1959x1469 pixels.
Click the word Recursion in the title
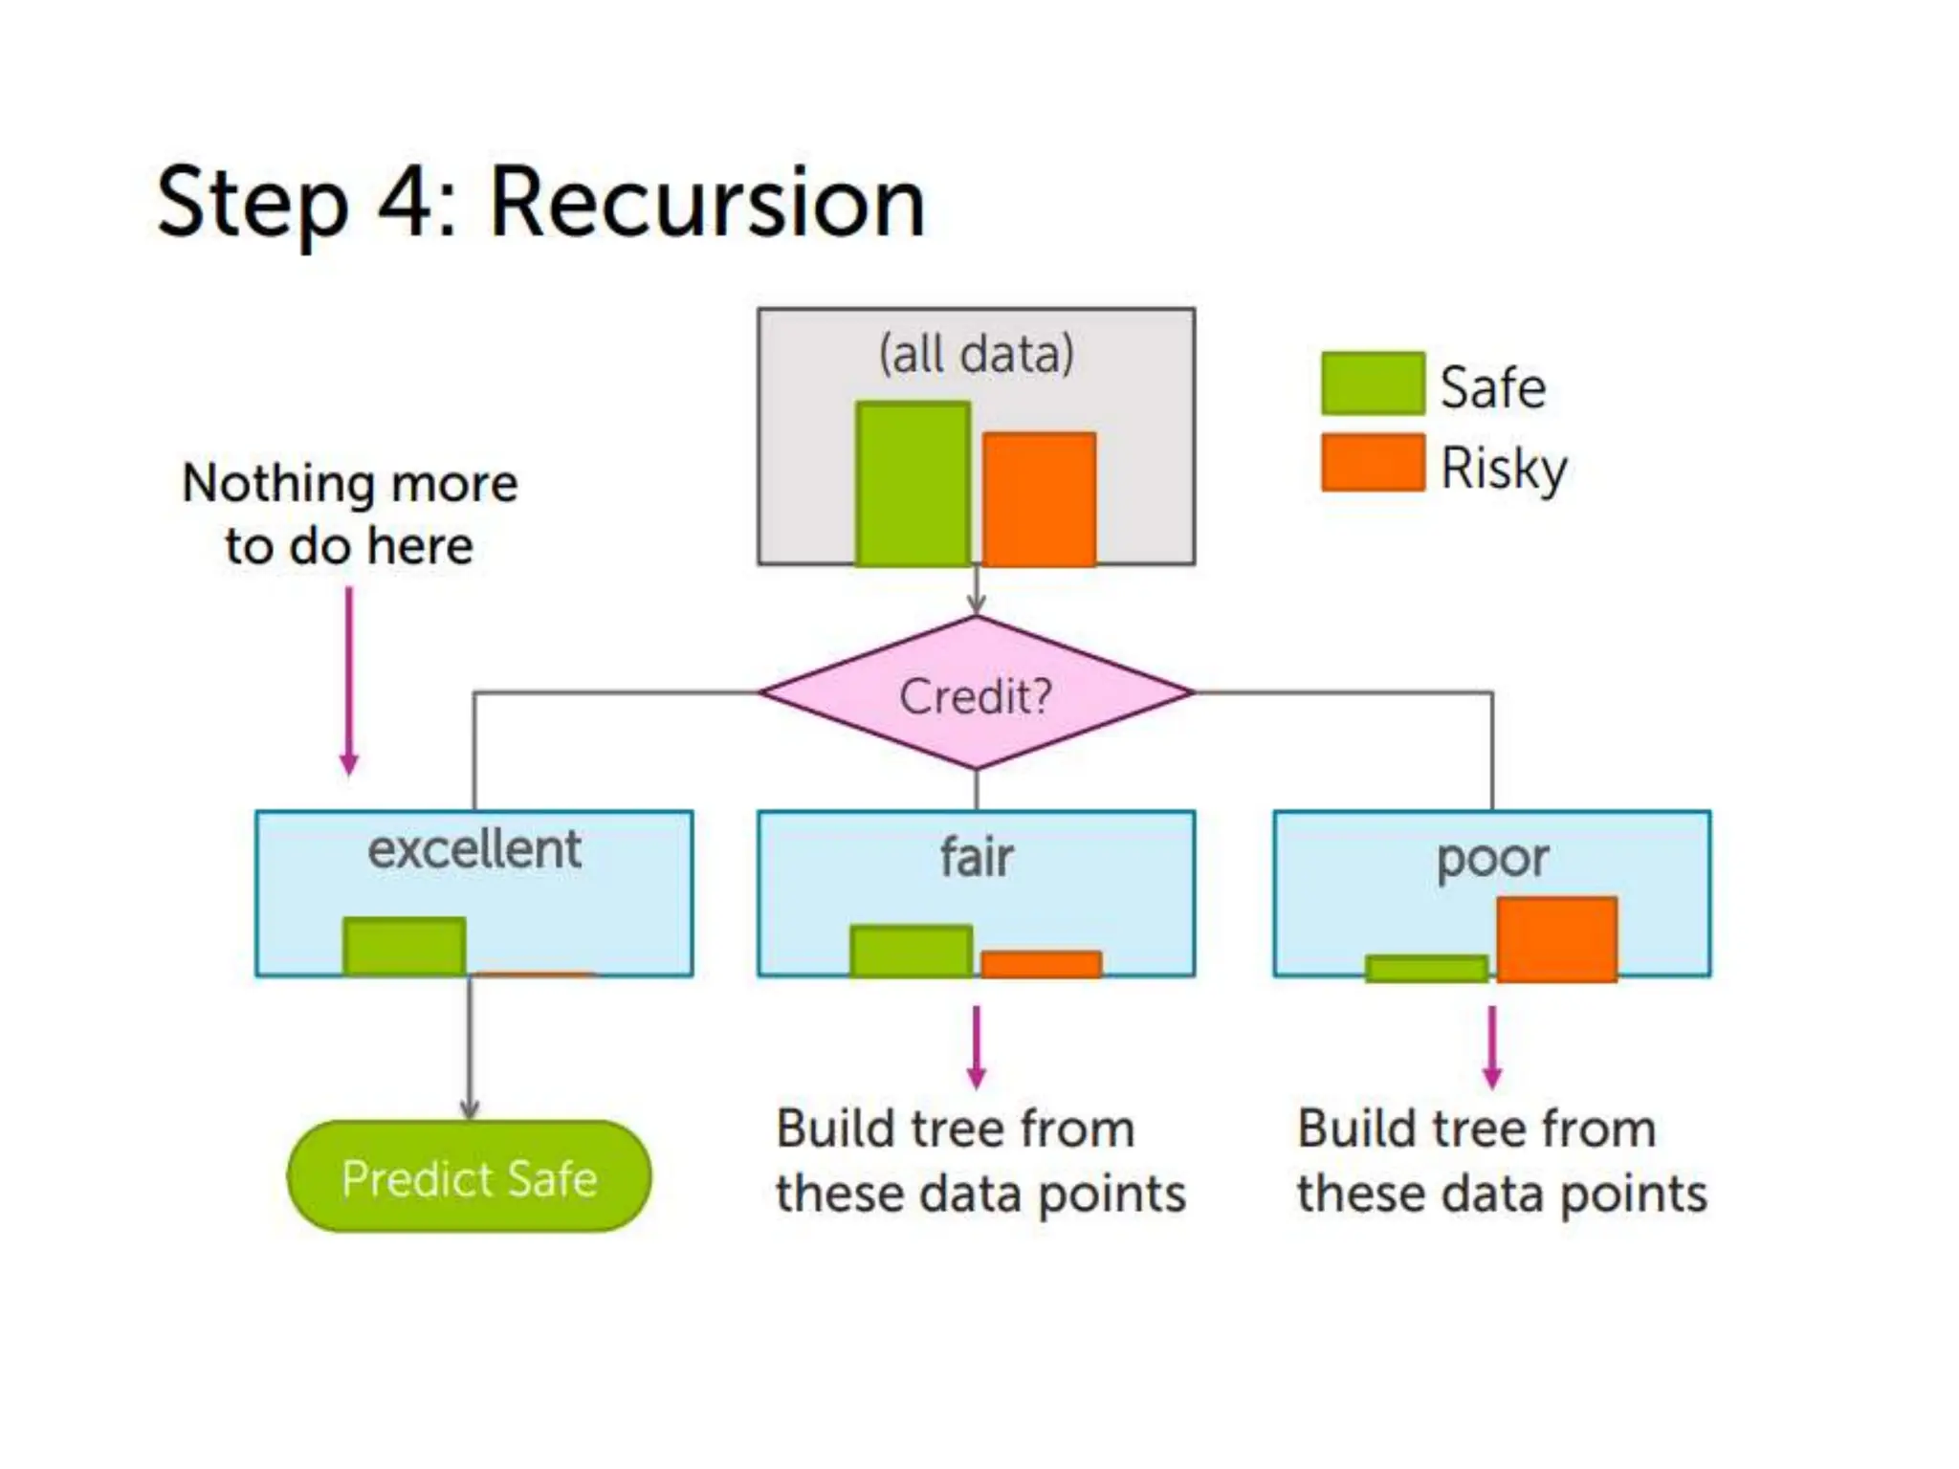pos(707,203)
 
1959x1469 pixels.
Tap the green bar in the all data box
pos(913,484)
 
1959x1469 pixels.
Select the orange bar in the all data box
pos(1039,498)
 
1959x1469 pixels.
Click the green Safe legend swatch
pos(1373,384)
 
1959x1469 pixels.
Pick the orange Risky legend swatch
pos(1373,463)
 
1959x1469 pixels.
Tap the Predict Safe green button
pos(469,1176)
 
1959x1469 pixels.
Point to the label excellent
pos(474,849)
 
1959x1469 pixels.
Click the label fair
pos(976,856)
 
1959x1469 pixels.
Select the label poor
pos(1492,858)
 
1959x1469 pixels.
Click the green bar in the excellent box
pos(405,947)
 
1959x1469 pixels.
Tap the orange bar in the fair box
pos(1041,964)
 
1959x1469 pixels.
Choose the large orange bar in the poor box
pos(1556,939)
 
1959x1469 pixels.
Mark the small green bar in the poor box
pos(1426,969)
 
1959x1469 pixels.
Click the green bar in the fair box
pos(911,952)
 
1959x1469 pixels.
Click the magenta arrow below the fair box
pos(976,1046)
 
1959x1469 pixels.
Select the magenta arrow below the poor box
pos(1491,1046)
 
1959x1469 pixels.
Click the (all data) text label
pos(976,354)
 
